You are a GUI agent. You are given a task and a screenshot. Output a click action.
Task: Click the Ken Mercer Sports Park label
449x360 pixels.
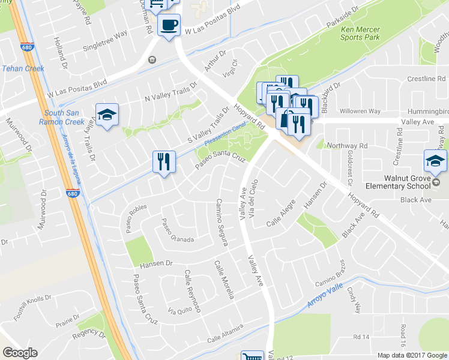(360, 33)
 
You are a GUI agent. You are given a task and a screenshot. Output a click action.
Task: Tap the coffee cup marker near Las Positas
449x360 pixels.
(168, 25)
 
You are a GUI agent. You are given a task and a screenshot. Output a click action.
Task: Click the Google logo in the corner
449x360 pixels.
(20, 353)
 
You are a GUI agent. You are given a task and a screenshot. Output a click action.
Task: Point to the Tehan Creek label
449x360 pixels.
(23, 68)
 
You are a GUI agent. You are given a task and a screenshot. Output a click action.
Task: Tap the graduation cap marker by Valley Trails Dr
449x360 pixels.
(107, 115)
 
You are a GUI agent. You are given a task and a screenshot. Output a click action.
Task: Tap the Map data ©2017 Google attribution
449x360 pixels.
(412, 355)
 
